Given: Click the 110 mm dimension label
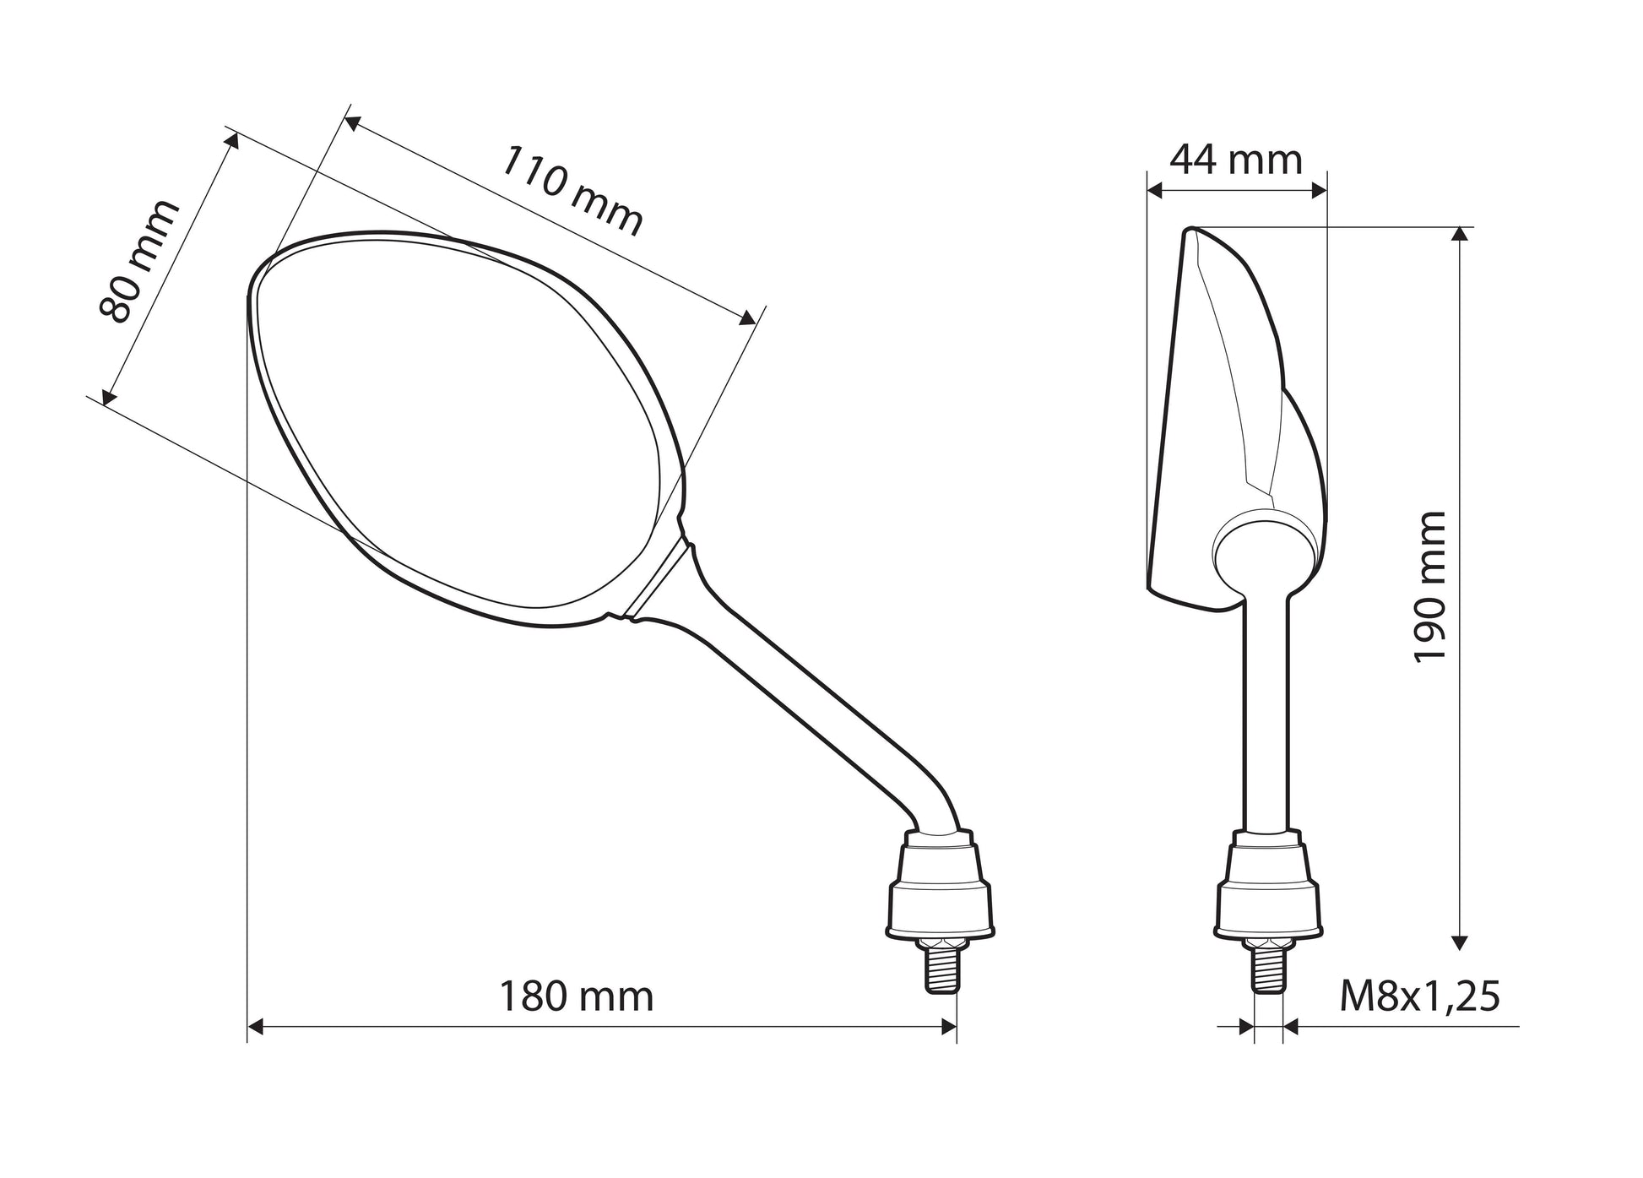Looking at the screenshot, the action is pyautogui.click(x=572, y=191).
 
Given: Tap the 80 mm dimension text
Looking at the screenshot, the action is pyautogui.click(x=139, y=262).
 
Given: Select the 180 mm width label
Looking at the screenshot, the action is pyautogui.click(x=577, y=996).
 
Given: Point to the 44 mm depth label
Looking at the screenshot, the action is pyautogui.click(x=1236, y=159).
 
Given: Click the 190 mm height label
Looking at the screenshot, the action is pyautogui.click(x=1430, y=587).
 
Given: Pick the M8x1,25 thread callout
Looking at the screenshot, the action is pyautogui.click(x=1420, y=996).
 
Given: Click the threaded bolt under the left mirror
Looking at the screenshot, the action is pyautogui.click(x=943, y=968).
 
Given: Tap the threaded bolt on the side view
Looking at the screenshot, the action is pyautogui.click(x=1268, y=968).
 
